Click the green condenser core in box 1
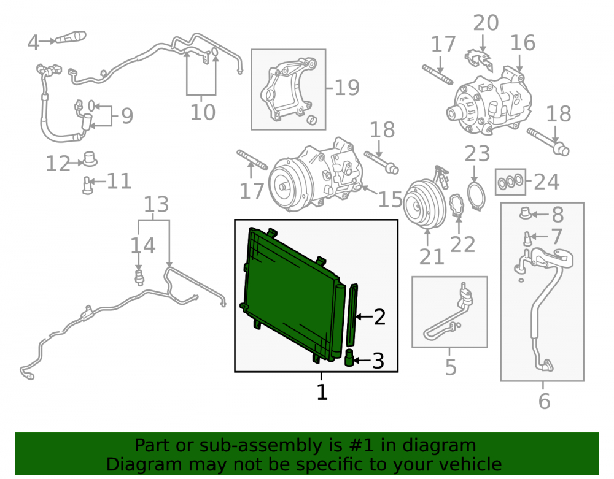292,293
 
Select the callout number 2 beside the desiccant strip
379,316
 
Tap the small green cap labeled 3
349,358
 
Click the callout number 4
33,42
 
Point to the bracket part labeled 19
288,91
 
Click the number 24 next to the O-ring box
546,182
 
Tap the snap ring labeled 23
476,194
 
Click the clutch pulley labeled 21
424,204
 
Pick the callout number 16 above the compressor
523,42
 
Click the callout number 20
486,23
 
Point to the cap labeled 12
90,158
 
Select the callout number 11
119,182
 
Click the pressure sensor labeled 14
139,276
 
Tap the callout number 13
156,204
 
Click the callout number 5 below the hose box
451,367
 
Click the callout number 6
544,401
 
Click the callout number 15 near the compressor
390,199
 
